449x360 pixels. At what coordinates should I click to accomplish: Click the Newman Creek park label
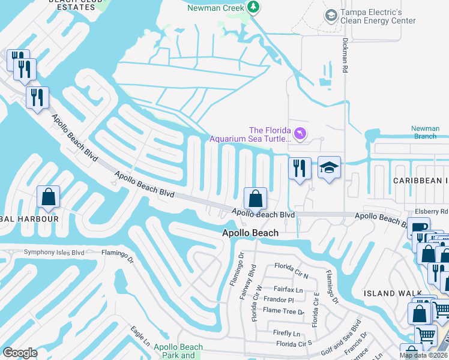(x=215, y=8)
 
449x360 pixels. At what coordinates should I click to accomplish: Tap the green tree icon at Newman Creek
(x=254, y=7)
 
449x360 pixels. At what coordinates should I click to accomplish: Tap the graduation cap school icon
(x=329, y=167)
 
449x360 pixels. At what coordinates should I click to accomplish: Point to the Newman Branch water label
(x=424, y=132)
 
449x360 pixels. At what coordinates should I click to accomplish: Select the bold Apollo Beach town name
(x=250, y=233)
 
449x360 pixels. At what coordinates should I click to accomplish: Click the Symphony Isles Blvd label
(x=54, y=253)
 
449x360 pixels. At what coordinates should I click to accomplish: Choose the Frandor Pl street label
(x=278, y=299)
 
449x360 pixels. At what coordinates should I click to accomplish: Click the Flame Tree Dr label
(x=284, y=311)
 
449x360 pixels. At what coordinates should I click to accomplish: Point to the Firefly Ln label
(x=286, y=333)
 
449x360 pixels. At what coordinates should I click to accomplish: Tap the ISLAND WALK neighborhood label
(x=388, y=293)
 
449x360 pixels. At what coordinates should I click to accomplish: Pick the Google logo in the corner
(x=20, y=353)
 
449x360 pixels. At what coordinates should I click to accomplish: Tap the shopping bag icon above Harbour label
(x=48, y=196)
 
